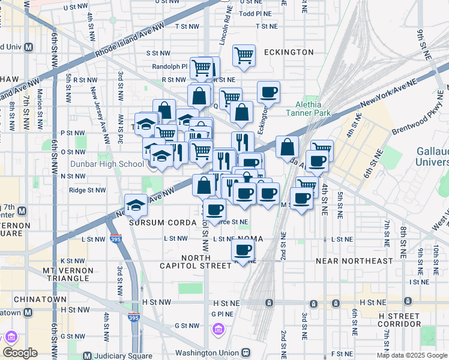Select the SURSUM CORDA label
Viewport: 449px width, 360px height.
(163, 223)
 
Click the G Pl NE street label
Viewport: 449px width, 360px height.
(221, 313)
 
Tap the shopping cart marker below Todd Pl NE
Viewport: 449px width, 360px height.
(244, 56)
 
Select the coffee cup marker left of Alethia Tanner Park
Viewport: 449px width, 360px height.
(268, 92)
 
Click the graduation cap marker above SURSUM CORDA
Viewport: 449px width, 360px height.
(136, 205)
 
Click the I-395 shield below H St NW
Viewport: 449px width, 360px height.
(133, 319)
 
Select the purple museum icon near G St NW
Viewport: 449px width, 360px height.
(218, 329)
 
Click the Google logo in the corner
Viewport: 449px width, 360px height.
(20, 353)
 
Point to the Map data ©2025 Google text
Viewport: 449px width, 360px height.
(411, 355)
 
